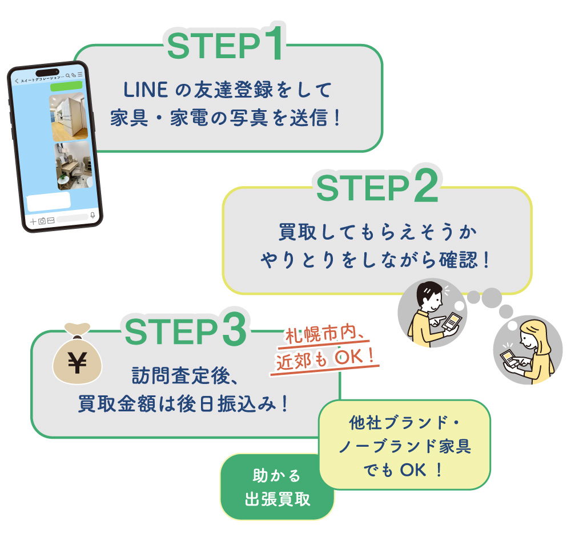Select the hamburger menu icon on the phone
[81, 75]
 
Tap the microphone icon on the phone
[93, 216]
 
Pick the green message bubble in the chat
[66, 87]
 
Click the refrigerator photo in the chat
[69, 117]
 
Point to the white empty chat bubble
[49, 201]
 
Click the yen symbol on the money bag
[75, 361]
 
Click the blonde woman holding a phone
[526, 350]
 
